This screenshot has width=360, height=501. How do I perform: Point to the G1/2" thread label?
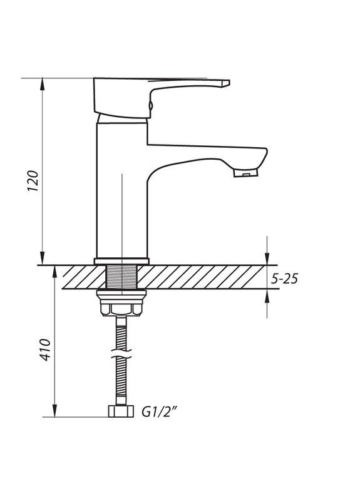pyautogui.click(x=159, y=412)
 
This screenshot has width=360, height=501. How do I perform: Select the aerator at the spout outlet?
pyautogui.click(x=245, y=173)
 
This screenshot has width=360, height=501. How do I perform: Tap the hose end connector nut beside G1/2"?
pyautogui.click(x=121, y=412)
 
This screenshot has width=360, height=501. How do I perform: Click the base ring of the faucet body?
pyautogui.click(x=121, y=261)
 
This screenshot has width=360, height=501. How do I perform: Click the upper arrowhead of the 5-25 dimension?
pyautogui.click(x=267, y=260)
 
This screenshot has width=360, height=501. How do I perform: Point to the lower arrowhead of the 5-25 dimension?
pyautogui.click(x=267, y=295)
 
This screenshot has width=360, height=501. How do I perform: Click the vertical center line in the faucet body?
pyautogui.click(x=121, y=207)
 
